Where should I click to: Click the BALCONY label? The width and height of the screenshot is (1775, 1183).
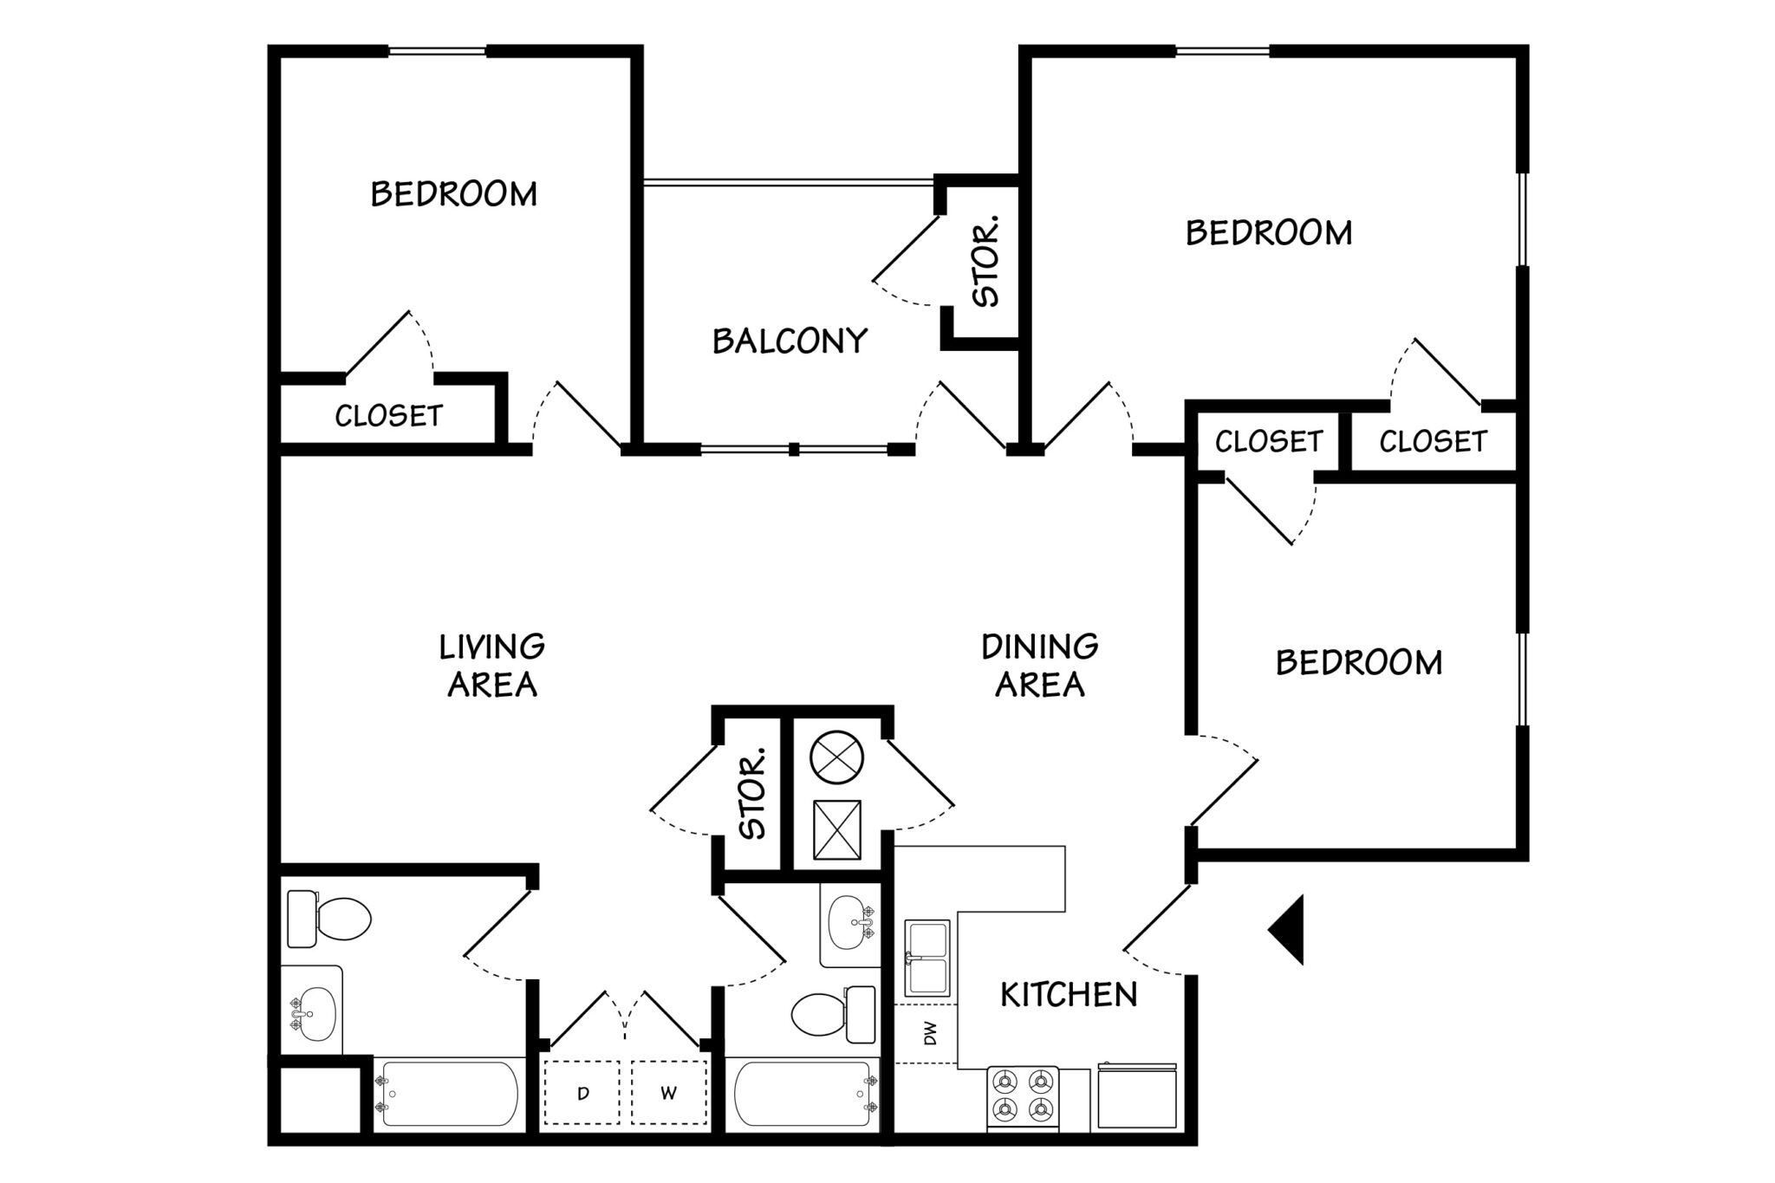(790, 341)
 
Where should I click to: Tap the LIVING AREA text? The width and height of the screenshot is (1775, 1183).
(491, 665)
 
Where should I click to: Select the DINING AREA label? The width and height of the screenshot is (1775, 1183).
(1039, 665)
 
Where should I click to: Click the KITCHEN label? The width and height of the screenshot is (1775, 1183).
(1068, 994)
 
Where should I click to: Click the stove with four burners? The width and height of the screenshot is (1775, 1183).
(1024, 1096)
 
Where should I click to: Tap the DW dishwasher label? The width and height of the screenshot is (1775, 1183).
(930, 1033)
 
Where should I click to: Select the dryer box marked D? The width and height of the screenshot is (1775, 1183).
(582, 1094)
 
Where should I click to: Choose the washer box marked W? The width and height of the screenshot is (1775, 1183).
(668, 1094)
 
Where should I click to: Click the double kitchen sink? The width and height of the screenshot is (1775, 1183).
(927, 957)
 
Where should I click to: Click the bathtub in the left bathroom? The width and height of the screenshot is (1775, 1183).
(448, 1094)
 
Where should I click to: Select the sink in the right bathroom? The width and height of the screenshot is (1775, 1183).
(848, 925)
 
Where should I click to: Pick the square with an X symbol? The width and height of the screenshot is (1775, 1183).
(837, 829)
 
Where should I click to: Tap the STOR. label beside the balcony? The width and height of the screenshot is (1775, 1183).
(986, 261)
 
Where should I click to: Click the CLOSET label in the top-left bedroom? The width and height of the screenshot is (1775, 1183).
(388, 416)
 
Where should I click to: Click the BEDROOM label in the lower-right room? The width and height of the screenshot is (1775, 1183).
(1358, 663)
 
